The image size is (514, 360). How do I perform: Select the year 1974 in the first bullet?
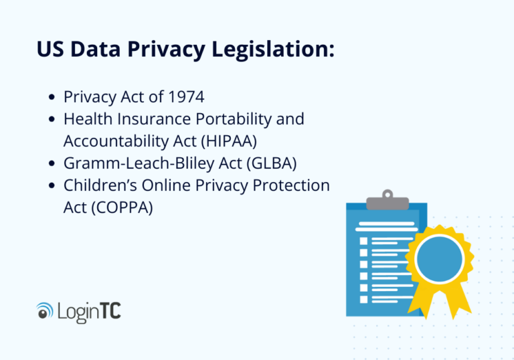(x=185, y=97)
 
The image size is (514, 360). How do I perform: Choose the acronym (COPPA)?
(x=121, y=207)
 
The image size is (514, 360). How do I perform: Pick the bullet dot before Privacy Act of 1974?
(x=53, y=98)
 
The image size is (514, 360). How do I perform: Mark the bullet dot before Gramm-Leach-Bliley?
(x=53, y=164)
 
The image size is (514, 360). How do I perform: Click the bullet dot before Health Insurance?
(x=53, y=120)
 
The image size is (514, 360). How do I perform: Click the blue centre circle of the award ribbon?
(x=438, y=260)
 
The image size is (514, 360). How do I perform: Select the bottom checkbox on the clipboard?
(x=364, y=298)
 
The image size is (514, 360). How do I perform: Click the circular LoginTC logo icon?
(x=45, y=310)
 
